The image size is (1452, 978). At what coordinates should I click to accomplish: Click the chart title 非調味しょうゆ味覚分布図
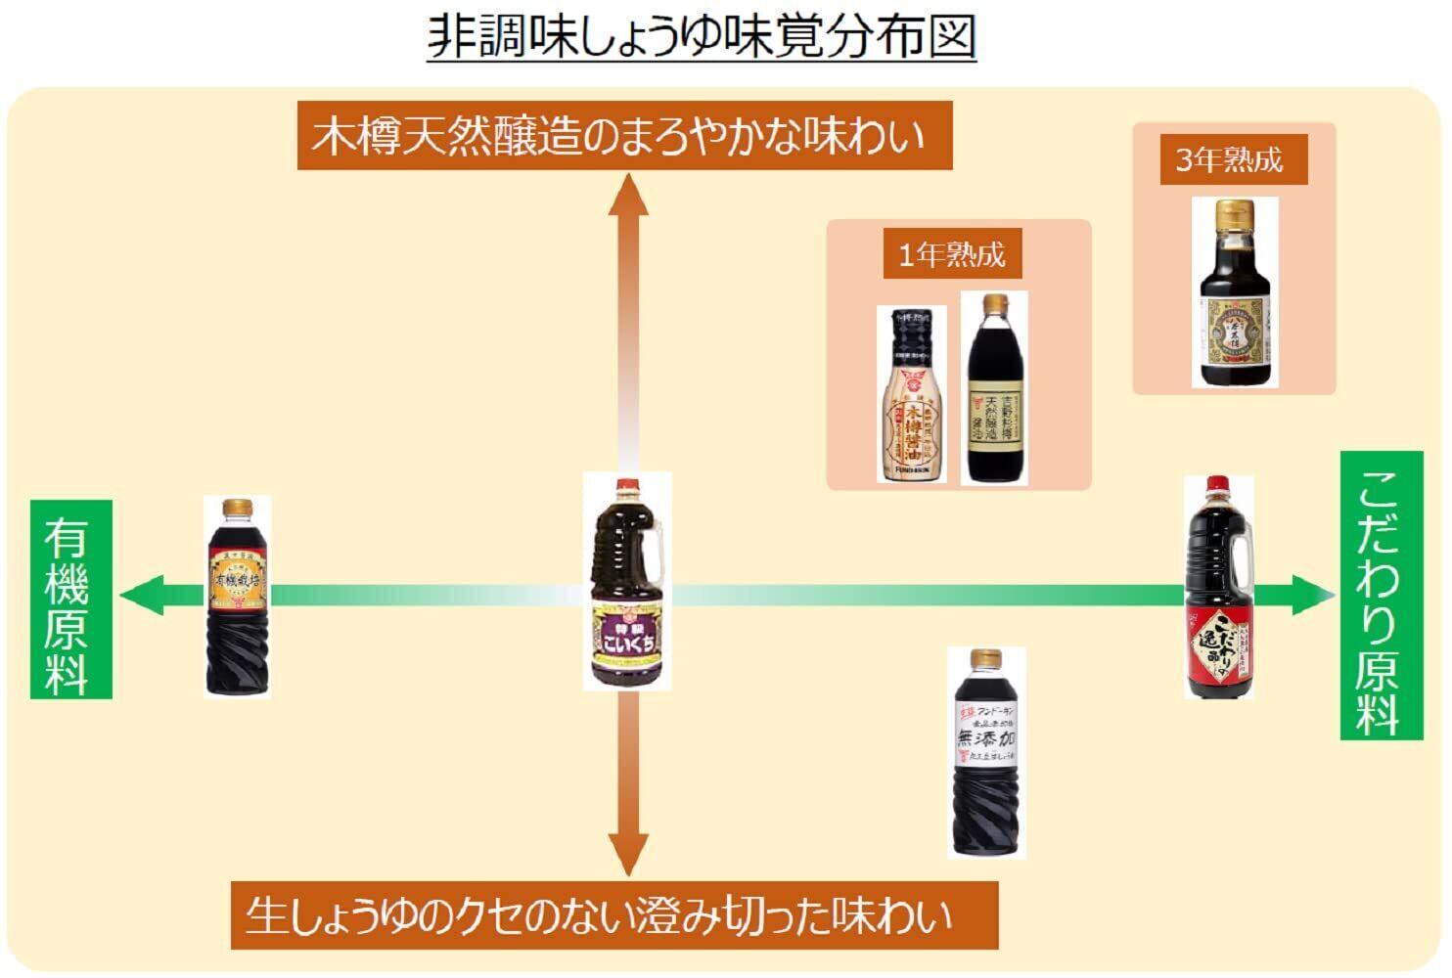(702, 38)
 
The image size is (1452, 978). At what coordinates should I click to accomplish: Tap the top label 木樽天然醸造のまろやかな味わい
(624, 136)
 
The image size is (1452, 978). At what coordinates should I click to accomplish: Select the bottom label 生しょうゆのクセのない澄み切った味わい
(613, 915)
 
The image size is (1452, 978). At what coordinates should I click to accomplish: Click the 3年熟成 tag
(1230, 159)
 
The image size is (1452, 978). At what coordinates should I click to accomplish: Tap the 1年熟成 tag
(952, 254)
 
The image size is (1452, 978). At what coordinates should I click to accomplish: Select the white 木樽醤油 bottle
(911, 395)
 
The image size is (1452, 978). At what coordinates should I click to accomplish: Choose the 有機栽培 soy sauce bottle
(238, 596)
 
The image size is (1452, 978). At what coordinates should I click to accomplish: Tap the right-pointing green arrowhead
(1313, 595)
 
